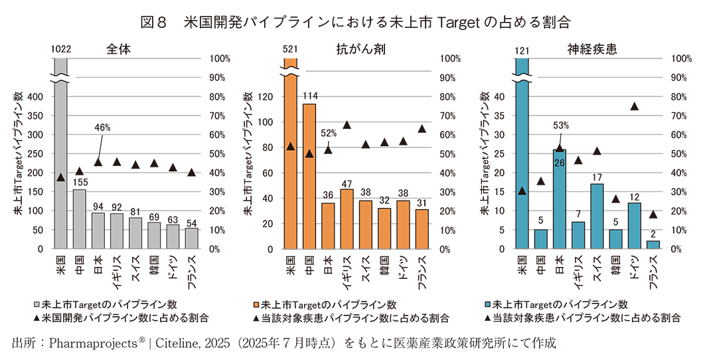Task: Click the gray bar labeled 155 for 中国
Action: [79, 219]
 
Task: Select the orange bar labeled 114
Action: [309, 176]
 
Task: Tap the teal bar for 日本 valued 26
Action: [559, 199]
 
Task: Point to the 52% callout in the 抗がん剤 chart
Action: [329, 133]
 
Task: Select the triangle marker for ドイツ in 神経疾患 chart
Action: [635, 106]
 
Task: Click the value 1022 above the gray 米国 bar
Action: [60, 49]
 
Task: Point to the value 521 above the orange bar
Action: [290, 49]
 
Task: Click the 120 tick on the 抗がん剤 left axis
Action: [266, 97]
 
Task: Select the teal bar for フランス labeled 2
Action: [653, 244]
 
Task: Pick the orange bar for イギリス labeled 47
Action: [346, 219]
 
